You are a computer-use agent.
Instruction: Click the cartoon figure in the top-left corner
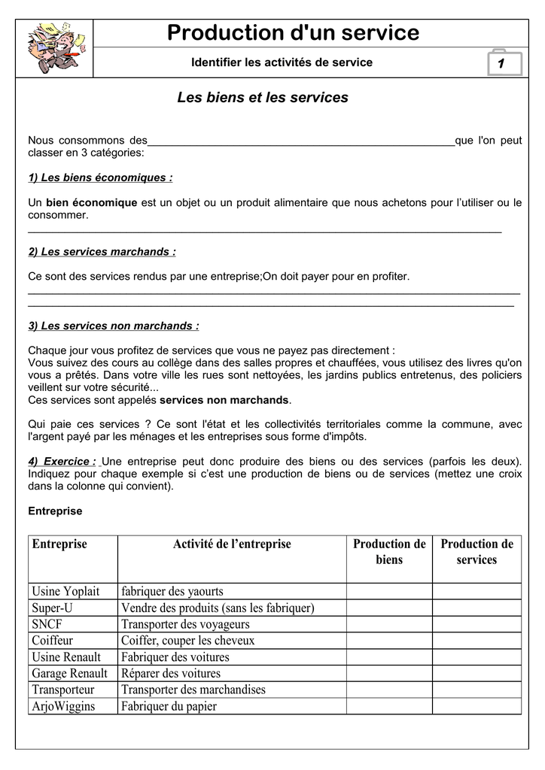click(x=55, y=47)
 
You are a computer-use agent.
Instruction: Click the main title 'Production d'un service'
click(x=293, y=32)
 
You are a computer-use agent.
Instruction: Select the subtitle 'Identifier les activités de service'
click(x=282, y=62)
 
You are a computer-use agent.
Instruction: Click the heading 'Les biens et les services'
click(x=263, y=98)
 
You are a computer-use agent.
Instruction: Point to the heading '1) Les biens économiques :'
click(x=100, y=178)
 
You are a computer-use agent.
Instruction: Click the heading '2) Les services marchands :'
click(x=102, y=252)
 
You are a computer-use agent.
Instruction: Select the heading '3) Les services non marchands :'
click(x=114, y=326)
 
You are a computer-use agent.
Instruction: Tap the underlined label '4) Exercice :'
click(x=62, y=461)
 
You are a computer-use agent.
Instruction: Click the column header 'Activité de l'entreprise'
click(x=232, y=544)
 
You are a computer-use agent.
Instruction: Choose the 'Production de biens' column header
click(x=389, y=552)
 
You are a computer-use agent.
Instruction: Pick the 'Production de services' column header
click(x=476, y=552)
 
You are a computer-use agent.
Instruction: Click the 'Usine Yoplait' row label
click(x=65, y=591)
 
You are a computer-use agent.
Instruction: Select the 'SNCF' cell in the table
click(x=47, y=624)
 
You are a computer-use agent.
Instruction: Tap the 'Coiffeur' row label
click(x=53, y=641)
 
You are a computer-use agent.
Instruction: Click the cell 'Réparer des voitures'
click(x=171, y=673)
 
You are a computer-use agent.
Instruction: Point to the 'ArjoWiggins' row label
click(x=63, y=706)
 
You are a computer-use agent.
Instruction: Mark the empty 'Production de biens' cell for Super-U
click(x=389, y=608)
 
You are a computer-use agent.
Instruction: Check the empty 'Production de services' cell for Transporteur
click(x=476, y=690)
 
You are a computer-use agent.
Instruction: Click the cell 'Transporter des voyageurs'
click(x=185, y=624)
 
